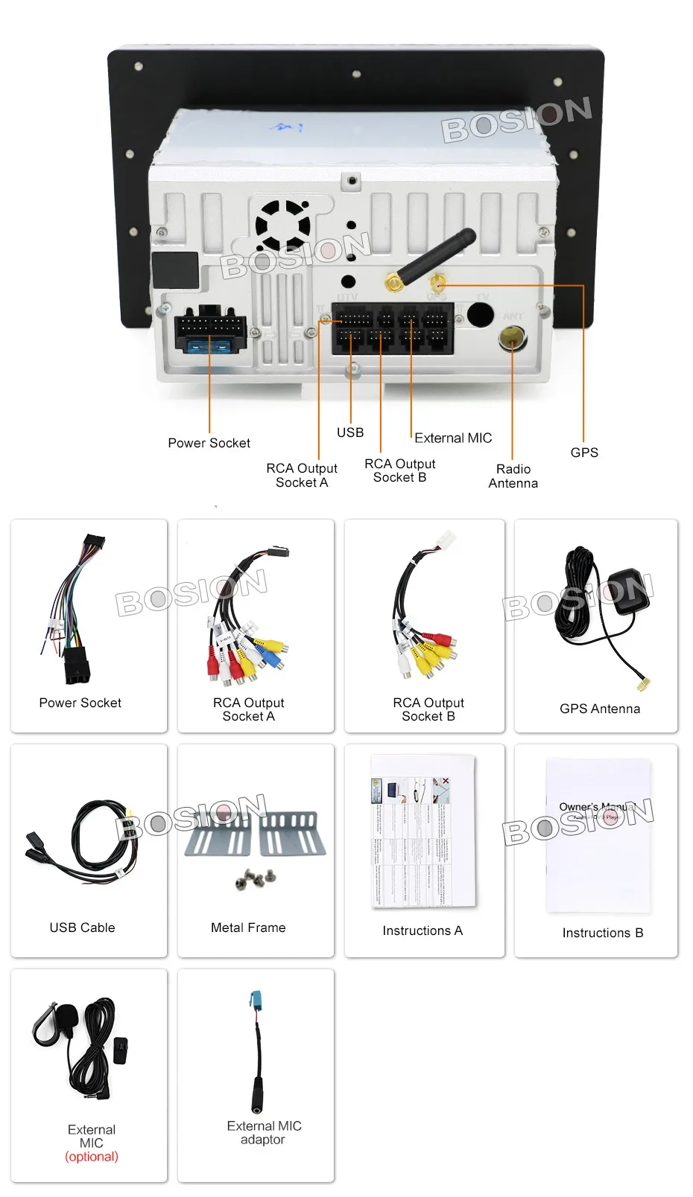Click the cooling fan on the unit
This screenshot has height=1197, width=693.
pyautogui.click(x=282, y=224)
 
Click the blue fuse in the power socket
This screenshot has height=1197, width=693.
pyautogui.click(x=209, y=345)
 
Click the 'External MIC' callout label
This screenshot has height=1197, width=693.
pyautogui.click(x=453, y=438)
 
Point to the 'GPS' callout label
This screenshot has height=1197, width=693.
pyautogui.click(x=583, y=453)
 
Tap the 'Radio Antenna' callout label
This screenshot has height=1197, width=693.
pyautogui.click(x=513, y=476)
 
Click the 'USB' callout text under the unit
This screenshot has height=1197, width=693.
pyautogui.click(x=349, y=432)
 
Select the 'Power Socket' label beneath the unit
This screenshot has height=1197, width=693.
pyautogui.click(x=209, y=443)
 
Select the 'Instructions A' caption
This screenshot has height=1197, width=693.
pyautogui.click(x=422, y=931)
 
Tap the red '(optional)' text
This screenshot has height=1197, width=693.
pyautogui.click(x=91, y=1157)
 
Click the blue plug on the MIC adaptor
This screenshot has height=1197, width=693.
pyautogui.click(x=256, y=1001)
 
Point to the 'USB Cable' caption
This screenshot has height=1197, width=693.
pyautogui.click(x=82, y=928)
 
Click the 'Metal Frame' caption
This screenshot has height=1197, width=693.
pyautogui.click(x=248, y=928)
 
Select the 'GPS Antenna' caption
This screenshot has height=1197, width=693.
pyautogui.click(x=599, y=709)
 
